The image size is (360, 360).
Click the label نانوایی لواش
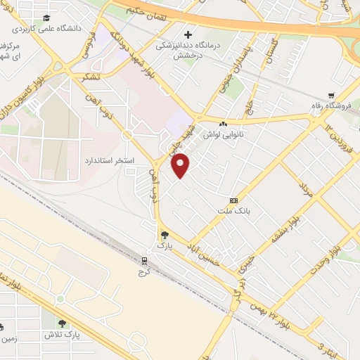coord(223,133)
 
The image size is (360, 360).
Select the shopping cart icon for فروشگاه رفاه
coord(331,96)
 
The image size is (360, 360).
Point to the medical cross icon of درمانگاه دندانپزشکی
coord(188,34)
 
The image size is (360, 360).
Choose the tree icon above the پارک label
coord(164,236)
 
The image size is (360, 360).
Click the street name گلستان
coord(269,51)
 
